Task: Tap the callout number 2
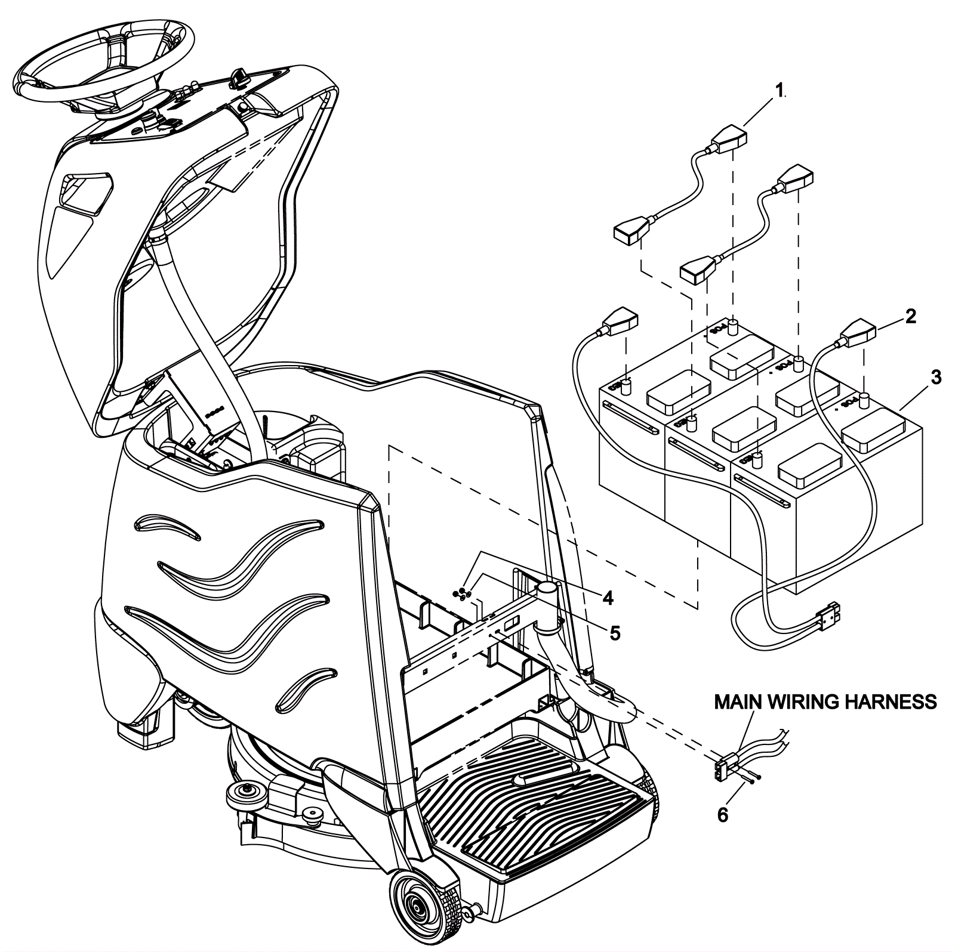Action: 910,317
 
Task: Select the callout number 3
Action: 936,377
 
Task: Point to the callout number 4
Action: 608,598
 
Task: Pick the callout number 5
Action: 614,632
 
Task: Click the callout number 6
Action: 723,815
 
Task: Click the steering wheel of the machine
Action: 104,66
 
